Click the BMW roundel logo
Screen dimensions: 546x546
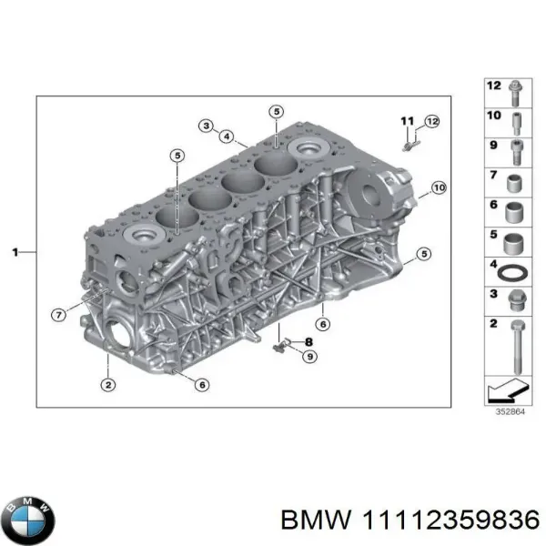(x=29, y=520)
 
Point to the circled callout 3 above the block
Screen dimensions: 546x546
(x=207, y=126)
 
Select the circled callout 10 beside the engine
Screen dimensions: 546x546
(x=438, y=188)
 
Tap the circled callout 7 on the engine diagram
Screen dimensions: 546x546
(x=58, y=315)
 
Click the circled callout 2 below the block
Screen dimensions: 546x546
(x=108, y=385)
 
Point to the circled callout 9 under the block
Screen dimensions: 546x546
(x=310, y=356)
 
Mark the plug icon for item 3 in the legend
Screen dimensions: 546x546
(x=516, y=299)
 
